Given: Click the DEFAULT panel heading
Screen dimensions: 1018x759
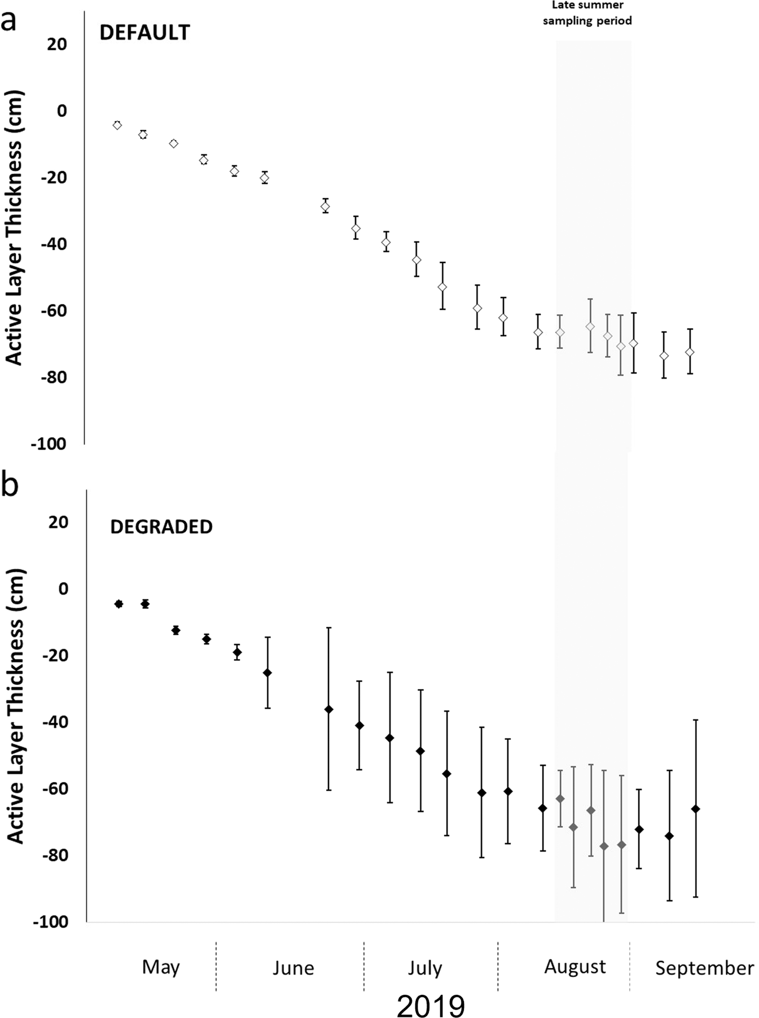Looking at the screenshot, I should (x=144, y=32).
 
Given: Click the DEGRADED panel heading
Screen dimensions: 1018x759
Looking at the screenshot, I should (x=161, y=526).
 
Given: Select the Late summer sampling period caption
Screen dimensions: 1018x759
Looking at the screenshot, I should (x=587, y=13).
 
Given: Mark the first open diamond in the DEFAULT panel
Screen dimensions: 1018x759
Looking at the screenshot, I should (x=117, y=125).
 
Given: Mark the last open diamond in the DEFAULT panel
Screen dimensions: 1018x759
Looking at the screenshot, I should (x=690, y=352).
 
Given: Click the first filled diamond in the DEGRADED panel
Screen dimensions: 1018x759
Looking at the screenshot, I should (x=119, y=604).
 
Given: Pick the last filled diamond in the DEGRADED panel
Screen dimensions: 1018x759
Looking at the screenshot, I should (x=695, y=809).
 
